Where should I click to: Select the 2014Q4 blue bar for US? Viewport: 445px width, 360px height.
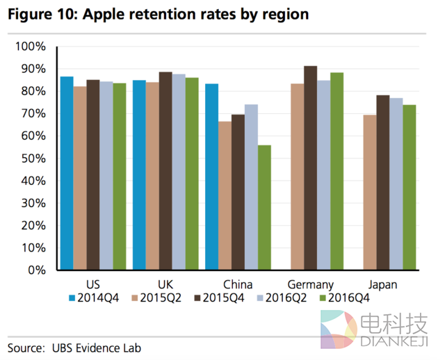coord(67,173)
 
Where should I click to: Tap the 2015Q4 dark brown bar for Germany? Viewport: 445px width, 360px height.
coord(311,167)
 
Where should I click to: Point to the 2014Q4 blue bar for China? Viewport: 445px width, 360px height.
coord(211,177)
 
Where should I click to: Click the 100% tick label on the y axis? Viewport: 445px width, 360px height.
coord(31,47)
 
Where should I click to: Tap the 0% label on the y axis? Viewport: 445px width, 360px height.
coord(36,270)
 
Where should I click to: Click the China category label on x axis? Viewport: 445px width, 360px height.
coord(238,284)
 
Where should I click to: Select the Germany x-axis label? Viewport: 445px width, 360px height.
coord(311,284)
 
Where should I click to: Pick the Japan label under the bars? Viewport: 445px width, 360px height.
coord(383,284)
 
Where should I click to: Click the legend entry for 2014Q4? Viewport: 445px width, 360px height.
coord(95,297)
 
